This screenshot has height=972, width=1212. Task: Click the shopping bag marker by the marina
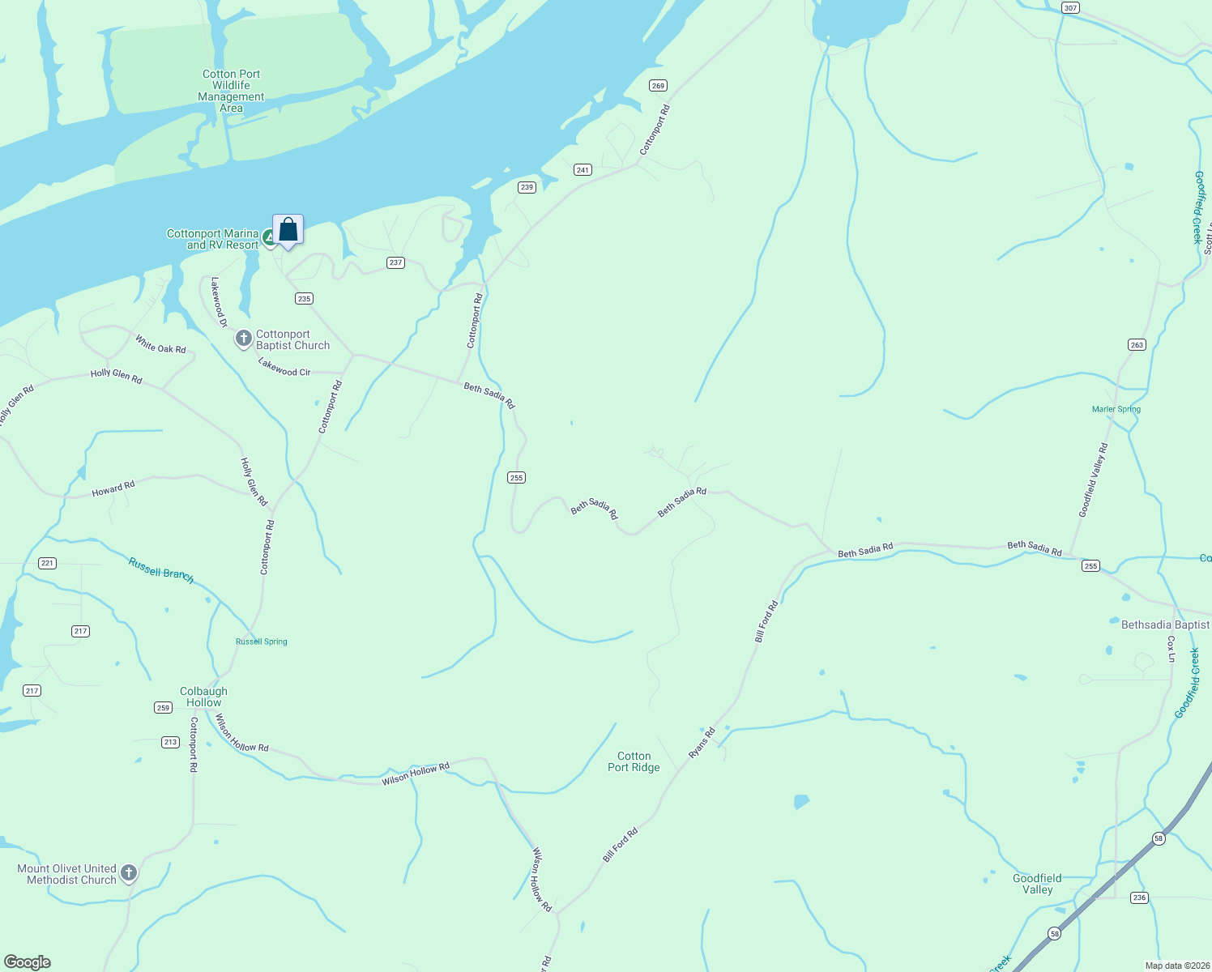pyautogui.click(x=288, y=230)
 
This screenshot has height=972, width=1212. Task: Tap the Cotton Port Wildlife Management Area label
pyautogui.click(x=231, y=91)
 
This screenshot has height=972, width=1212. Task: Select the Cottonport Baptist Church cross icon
pyautogui.click(x=243, y=338)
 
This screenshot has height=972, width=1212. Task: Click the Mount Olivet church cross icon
pyautogui.click(x=128, y=873)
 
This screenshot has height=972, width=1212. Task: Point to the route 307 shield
pyautogui.click(x=1070, y=8)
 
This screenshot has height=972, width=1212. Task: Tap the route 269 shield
pyautogui.click(x=658, y=86)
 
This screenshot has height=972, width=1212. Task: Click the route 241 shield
pyautogui.click(x=583, y=170)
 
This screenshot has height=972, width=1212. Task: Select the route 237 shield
pyautogui.click(x=395, y=262)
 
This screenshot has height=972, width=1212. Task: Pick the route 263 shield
pyautogui.click(x=1137, y=345)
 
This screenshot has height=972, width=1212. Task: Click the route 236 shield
pyautogui.click(x=1140, y=897)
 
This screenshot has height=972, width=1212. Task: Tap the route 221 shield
pyautogui.click(x=47, y=563)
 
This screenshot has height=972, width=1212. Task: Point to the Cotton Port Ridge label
pyautogui.click(x=634, y=761)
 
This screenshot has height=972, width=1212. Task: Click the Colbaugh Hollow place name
pyautogui.click(x=203, y=697)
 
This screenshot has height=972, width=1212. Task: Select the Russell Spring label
pyautogui.click(x=261, y=642)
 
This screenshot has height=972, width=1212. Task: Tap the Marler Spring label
pyautogui.click(x=1116, y=409)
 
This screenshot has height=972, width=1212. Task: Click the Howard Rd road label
pyautogui.click(x=113, y=489)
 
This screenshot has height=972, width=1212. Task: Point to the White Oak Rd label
pyautogui.click(x=160, y=344)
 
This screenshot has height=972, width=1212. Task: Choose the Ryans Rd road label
pyautogui.click(x=702, y=743)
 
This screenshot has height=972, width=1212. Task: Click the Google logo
pyautogui.click(x=28, y=962)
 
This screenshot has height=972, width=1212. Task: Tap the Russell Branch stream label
pyautogui.click(x=161, y=569)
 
